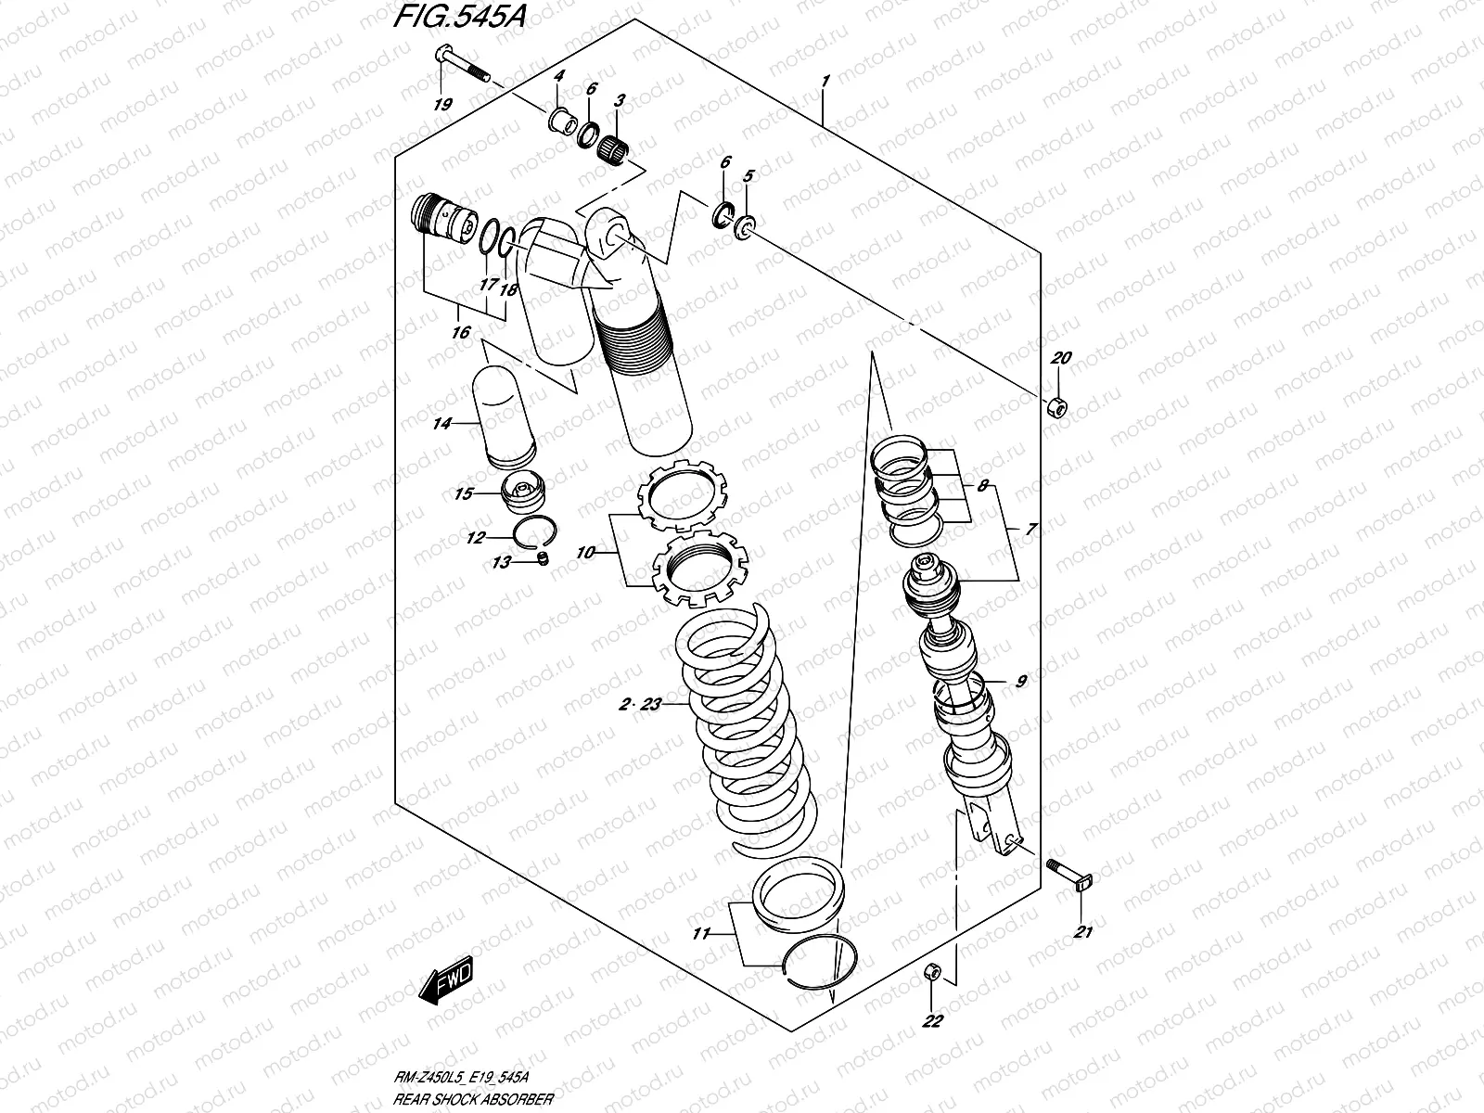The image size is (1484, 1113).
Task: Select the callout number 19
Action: tap(442, 104)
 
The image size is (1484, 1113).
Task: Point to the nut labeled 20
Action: tap(1056, 406)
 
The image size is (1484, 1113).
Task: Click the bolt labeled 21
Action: tap(1068, 874)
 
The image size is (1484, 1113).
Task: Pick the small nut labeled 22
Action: tap(933, 972)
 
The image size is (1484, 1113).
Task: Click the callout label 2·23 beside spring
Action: tap(640, 705)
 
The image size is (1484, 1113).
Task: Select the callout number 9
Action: tap(1020, 682)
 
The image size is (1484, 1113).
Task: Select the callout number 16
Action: tap(461, 331)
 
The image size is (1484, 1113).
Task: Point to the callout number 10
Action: tap(585, 552)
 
